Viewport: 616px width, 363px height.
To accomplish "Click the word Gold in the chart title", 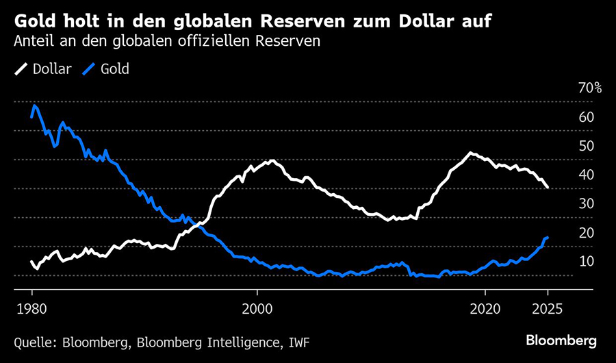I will (x=36, y=18).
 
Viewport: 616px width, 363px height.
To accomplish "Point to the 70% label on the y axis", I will (x=589, y=88).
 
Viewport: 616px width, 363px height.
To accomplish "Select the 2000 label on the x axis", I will (x=258, y=308).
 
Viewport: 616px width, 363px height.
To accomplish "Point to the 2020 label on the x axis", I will (x=487, y=308).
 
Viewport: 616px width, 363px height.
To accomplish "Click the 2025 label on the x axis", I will (x=548, y=308).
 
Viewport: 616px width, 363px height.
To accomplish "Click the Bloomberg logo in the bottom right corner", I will (x=561, y=340).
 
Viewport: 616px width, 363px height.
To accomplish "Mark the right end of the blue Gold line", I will (x=548, y=237).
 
